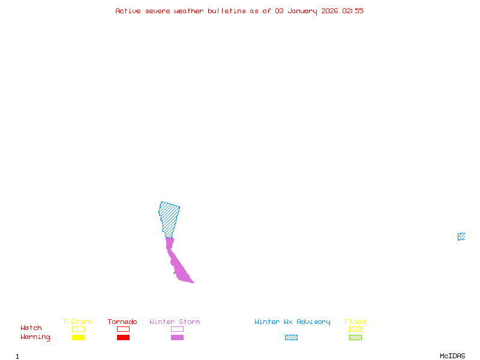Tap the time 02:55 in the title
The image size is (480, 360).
pyautogui.click(x=353, y=11)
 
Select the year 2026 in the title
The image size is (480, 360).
pyautogui.click(x=329, y=11)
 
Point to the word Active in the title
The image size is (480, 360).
pyautogui.click(x=128, y=11)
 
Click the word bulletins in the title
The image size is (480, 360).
pyautogui.click(x=227, y=11)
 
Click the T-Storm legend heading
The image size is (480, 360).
pyautogui.click(x=77, y=322)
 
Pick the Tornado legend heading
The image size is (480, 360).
pyautogui.click(x=122, y=322)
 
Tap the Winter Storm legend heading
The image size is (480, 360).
pyautogui.click(x=175, y=322)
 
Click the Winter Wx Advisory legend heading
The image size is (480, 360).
pyautogui.click(x=292, y=322)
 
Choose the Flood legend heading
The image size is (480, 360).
pyautogui.click(x=355, y=322)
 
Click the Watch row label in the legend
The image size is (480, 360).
pyautogui.click(x=31, y=328)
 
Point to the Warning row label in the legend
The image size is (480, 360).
pyautogui.click(x=35, y=337)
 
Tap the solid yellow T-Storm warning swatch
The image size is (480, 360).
pyautogui.click(x=78, y=338)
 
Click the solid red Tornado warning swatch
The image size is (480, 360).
pyautogui.click(x=123, y=338)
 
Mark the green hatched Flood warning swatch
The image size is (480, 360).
pyautogui.click(x=355, y=338)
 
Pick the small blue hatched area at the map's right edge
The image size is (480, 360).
pyautogui.click(x=461, y=236)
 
